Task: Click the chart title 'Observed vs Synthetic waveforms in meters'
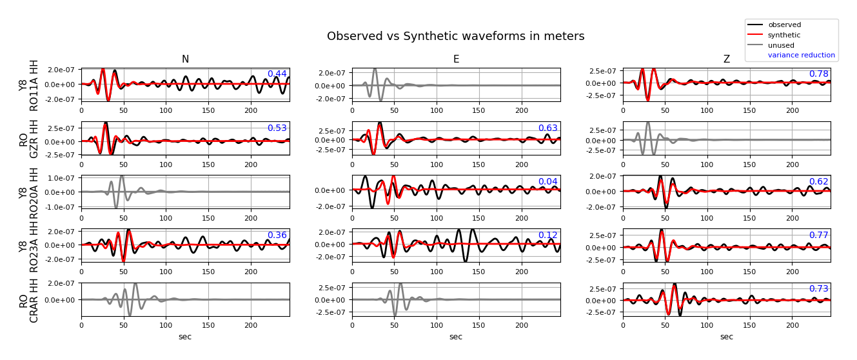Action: pyautogui.click(x=455, y=37)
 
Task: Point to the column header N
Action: pyautogui.click(x=185, y=59)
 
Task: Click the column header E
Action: pyautogui.click(x=456, y=59)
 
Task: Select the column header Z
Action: pyautogui.click(x=726, y=59)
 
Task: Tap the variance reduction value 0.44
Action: pyautogui.click(x=277, y=74)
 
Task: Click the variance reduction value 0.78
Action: pyautogui.click(x=818, y=74)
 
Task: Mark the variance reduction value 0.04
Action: pyautogui.click(x=547, y=182)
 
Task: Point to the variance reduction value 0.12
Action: pyautogui.click(x=547, y=235)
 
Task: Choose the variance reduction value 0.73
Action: pyautogui.click(x=818, y=289)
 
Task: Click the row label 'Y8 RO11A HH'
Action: pyautogui.click(x=29, y=85)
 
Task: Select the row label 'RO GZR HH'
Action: pyautogui.click(x=29, y=139)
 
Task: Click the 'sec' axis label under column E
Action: pyautogui.click(x=456, y=337)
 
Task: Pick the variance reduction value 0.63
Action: pyautogui.click(x=547, y=128)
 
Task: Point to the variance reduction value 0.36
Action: pyautogui.click(x=277, y=235)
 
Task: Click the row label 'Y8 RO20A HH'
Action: pyautogui.click(x=29, y=192)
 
